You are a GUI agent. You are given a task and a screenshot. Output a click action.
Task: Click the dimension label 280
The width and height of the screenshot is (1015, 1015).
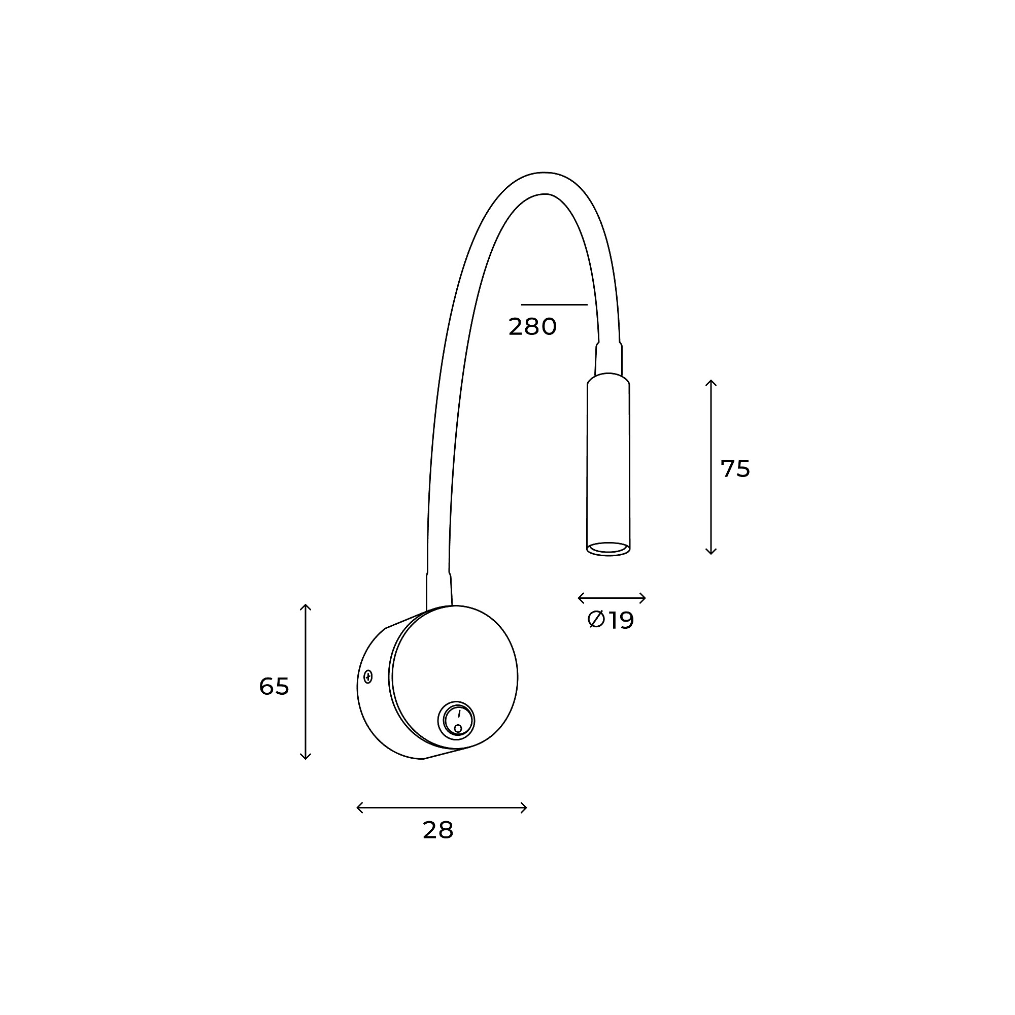(x=532, y=327)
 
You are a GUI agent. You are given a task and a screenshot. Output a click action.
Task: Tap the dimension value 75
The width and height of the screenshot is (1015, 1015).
(x=735, y=468)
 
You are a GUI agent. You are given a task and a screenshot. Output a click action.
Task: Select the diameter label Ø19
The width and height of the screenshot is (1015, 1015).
(x=611, y=620)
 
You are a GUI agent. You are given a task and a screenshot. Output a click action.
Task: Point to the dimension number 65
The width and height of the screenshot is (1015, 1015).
(x=274, y=686)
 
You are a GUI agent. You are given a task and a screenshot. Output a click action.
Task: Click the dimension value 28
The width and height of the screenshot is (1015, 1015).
(x=437, y=830)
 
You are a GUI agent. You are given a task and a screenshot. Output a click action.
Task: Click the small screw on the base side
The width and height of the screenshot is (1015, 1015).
(x=368, y=677)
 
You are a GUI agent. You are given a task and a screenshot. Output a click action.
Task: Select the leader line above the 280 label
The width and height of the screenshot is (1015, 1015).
(x=554, y=304)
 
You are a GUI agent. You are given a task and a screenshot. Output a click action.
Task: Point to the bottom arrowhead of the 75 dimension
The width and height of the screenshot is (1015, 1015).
(x=711, y=551)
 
